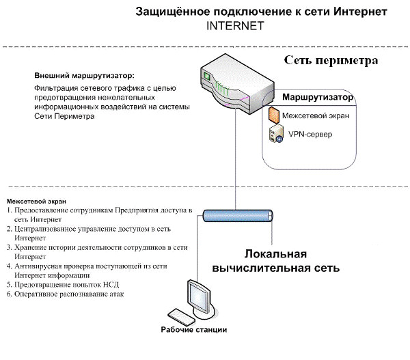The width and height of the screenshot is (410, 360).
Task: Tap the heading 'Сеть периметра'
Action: [331, 60]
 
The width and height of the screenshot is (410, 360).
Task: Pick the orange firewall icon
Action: [274, 114]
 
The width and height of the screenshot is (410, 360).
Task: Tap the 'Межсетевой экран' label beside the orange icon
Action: [316, 115]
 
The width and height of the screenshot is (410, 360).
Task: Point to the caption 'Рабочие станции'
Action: [194, 330]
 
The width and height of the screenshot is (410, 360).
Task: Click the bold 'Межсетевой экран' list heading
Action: [36, 202]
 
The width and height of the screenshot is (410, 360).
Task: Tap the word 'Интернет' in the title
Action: [358, 12]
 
